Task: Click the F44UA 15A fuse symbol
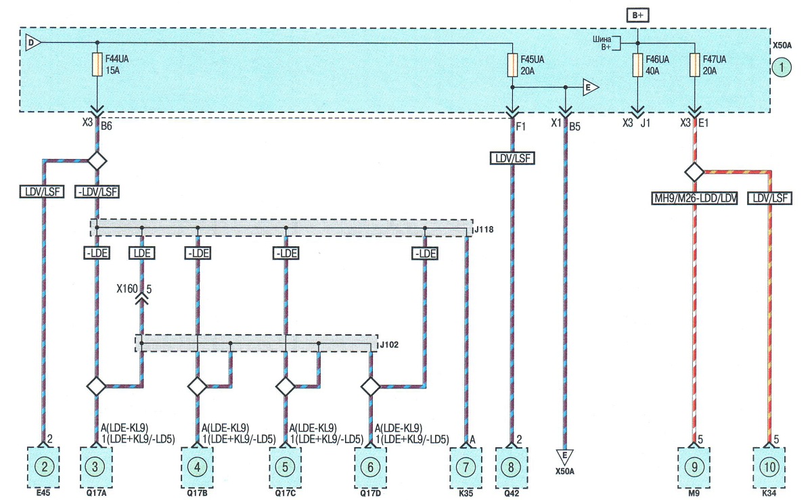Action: click(x=97, y=64)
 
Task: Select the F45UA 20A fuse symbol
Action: click(x=512, y=65)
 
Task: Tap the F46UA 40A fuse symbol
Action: click(x=637, y=65)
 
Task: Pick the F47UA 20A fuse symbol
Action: click(x=694, y=65)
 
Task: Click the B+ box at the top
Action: click(x=637, y=16)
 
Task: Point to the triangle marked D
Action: click(x=32, y=43)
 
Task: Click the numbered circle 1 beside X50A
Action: click(x=782, y=68)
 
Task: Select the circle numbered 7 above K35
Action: click(x=466, y=467)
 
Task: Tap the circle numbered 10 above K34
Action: click(x=769, y=467)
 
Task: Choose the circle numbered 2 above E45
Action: click(x=44, y=467)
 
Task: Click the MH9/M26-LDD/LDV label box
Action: click(x=694, y=198)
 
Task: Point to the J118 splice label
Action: click(x=484, y=229)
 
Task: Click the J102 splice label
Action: click(x=389, y=344)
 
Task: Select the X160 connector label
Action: click(x=127, y=289)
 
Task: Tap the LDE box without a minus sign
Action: click(x=141, y=253)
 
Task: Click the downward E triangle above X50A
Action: click(x=564, y=457)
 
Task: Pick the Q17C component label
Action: click(x=285, y=493)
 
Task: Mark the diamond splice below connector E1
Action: click(x=694, y=172)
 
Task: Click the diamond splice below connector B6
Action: click(x=97, y=160)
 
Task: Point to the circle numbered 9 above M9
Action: click(x=694, y=467)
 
